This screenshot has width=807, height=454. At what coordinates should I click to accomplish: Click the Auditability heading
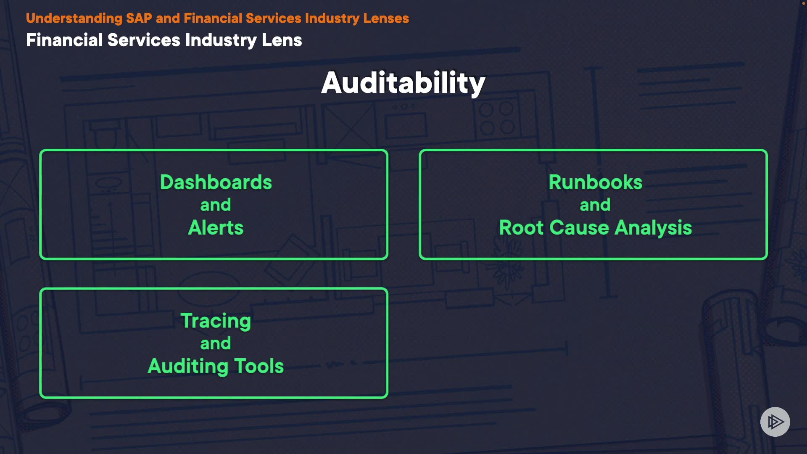403,83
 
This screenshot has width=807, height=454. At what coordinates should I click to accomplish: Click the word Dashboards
216,182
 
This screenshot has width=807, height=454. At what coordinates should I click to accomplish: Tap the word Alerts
216,228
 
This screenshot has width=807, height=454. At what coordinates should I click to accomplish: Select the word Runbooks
595,182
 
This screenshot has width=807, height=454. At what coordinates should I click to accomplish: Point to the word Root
521,228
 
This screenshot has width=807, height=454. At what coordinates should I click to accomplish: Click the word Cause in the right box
579,228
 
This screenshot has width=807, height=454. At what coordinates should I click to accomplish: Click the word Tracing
216,321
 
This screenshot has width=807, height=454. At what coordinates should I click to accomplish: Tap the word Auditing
188,366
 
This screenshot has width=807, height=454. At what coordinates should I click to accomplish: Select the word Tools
258,366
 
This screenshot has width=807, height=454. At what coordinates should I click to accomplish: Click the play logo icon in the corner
775,422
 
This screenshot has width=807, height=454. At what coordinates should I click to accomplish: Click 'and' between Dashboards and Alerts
216,205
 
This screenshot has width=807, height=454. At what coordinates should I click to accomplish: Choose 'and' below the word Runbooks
595,205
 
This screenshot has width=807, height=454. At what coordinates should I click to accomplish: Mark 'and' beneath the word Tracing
216,343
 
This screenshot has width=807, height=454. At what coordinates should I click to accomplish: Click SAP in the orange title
139,18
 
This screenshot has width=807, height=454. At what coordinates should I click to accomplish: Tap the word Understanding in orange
74,18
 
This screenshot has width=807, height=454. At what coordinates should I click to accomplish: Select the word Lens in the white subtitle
282,40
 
